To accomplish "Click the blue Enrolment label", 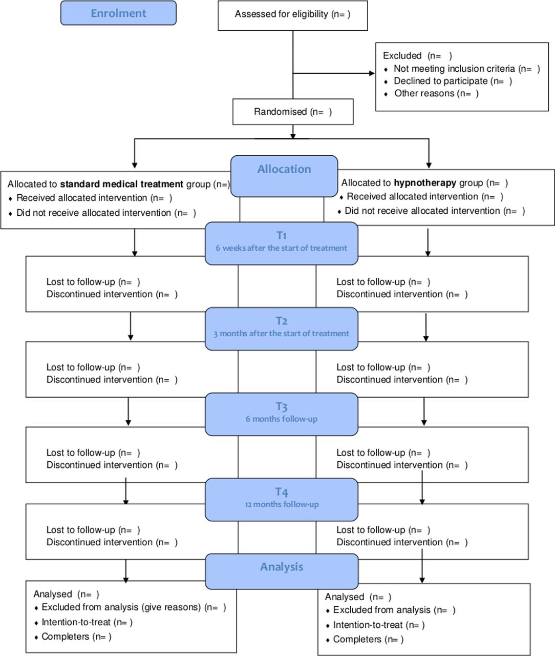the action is (118, 13).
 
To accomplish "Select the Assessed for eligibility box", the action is (293, 15).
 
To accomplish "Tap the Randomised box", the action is (293, 112).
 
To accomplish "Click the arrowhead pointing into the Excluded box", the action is (372, 73).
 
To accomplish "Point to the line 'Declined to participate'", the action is (453, 81).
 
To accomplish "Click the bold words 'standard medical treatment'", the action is (121, 184).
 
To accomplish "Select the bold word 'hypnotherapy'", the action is (425, 183).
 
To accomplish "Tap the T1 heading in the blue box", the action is (281, 235).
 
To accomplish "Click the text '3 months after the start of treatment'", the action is (281, 334).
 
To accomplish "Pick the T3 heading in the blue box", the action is (281, 406).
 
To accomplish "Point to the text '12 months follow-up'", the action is (282, 504).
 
